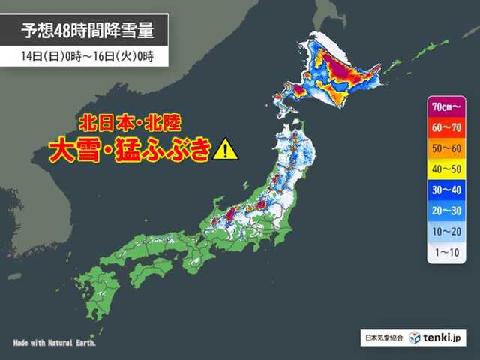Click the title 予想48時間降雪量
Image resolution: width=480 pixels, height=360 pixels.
[x=84, y=31]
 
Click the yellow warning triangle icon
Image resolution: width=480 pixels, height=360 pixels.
[x=225, y=149]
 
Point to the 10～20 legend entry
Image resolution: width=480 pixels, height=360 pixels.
[x=447, y=232]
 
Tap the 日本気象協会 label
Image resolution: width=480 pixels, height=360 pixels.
[x=385, y=339]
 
